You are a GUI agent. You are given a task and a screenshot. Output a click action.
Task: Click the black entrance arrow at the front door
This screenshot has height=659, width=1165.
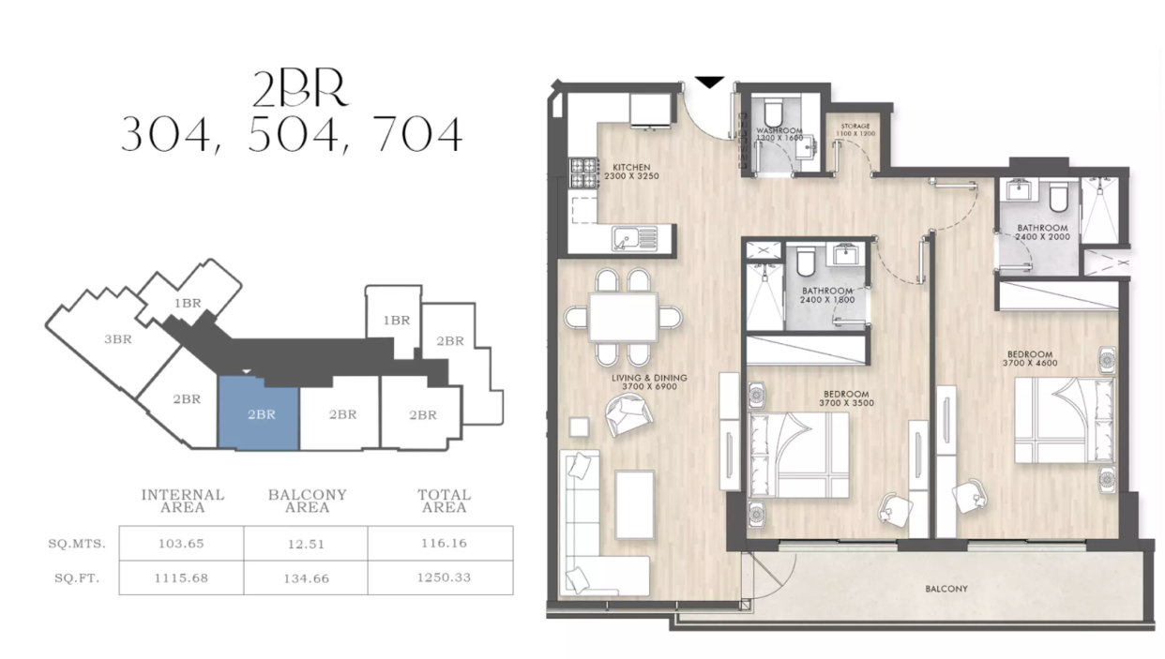pyautogui.click(x=710, y=82)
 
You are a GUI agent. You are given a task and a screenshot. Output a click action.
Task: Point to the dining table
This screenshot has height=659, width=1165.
pyautogui.click(x=623, y=318)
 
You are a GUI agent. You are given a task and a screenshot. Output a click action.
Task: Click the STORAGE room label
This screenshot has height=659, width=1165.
pyautogui.click(x=855, y=126)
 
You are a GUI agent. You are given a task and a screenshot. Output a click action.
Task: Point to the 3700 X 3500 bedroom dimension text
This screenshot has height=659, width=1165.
pyautogui.click(x=846, y=402)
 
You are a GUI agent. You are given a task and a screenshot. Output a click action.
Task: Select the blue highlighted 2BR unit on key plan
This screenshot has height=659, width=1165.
pyautogui.click(x=260, y=413)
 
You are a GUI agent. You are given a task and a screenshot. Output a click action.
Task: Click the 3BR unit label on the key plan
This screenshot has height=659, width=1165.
pyautogui.click(x=117, y=339)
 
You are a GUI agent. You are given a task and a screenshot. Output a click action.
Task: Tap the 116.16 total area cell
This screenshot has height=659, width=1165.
pyautogui.click(x=444, y=543)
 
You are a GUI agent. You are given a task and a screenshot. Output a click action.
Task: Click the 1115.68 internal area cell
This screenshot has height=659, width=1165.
pyautogui.click(x=181, y=577)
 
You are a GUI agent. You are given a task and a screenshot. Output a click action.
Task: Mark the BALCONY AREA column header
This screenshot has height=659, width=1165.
pyautogui.click(x=307, y=501)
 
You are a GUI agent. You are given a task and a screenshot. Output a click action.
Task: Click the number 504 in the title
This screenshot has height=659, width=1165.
pyautogui.click(x=291, y=136)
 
